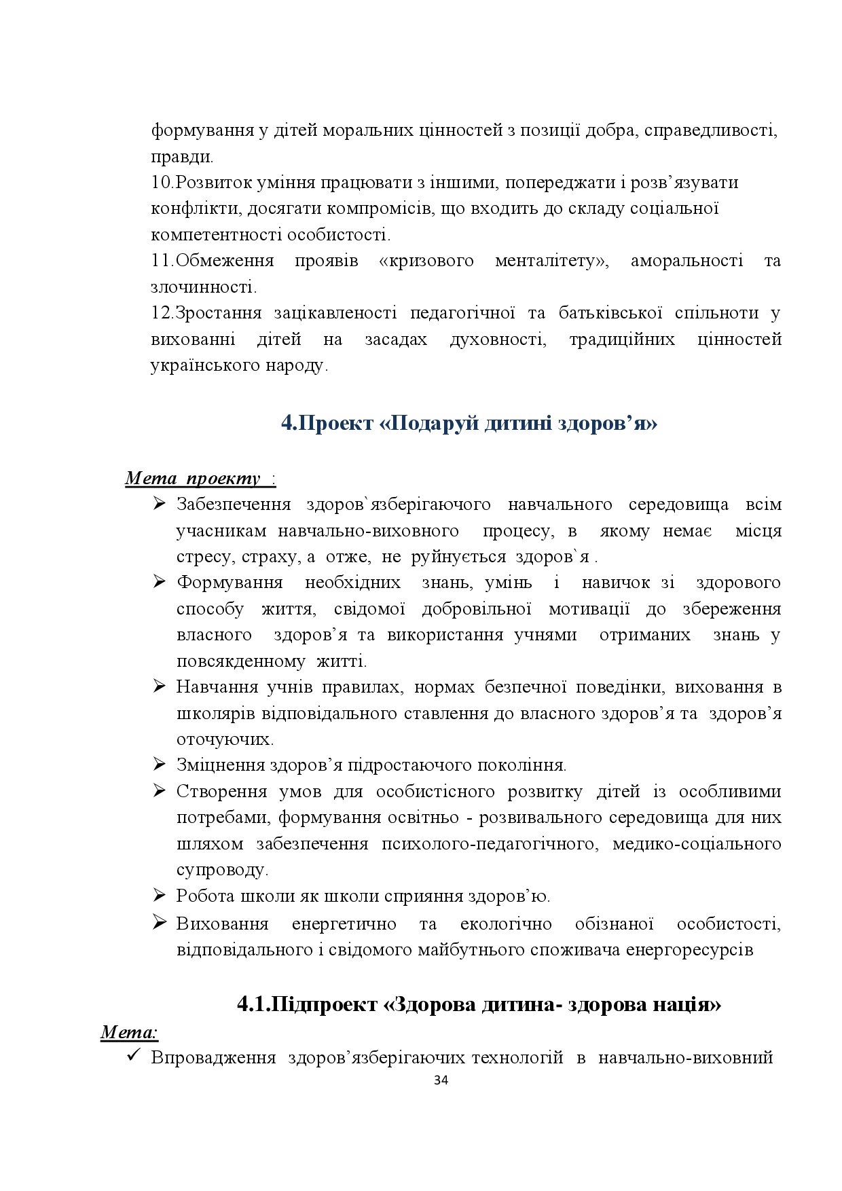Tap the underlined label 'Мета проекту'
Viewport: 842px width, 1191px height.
coord(193,479)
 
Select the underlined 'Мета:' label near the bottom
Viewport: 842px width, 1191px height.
coord(129,1033)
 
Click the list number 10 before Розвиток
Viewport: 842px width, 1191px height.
coord(162,183)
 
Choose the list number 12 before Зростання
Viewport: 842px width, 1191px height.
coord(162,313)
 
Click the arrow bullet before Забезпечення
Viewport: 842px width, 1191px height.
coord(160,504)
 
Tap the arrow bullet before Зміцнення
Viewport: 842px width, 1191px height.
coord(160,765)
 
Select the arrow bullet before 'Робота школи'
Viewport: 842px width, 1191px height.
coord(160,896)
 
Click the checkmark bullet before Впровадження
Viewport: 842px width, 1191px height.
coord(134,1057)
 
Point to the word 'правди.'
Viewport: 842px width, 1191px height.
coord(182,157)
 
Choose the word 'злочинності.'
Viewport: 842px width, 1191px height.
coord(204,287)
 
